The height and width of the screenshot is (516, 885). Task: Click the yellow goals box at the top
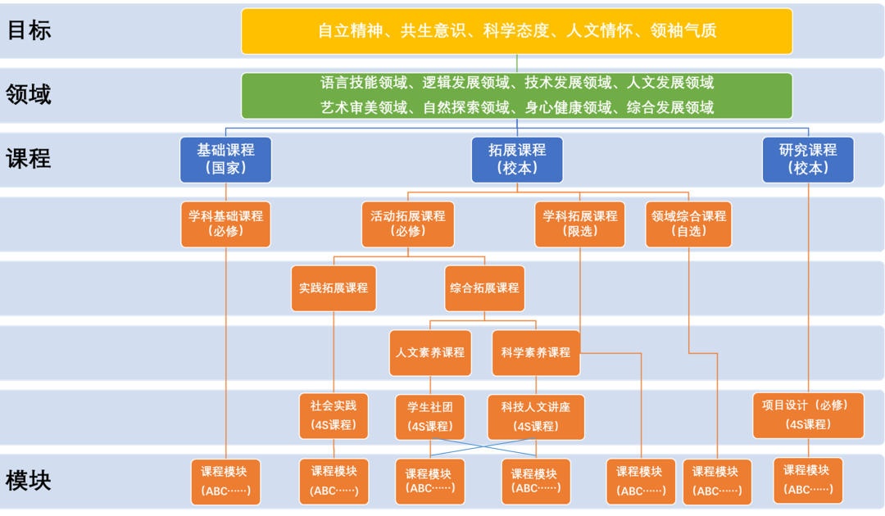[516, 31]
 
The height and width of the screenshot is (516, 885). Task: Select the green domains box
[516, 95]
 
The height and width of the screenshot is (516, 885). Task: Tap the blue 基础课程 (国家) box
[226, 160]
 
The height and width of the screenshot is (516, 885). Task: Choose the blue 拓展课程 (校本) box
[517, 160]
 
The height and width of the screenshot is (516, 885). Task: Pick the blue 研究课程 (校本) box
[808, 160]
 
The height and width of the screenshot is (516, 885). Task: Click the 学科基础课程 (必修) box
[226, 224]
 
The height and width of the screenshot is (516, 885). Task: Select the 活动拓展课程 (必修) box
[408, 224]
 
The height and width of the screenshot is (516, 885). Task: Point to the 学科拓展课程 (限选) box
[579, 224]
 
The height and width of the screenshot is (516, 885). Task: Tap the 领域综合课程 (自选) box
[688, 224]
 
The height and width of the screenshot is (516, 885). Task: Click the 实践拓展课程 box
[334, 288]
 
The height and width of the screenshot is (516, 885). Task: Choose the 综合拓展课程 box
[484, 288]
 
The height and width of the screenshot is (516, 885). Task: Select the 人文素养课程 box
[430, 353]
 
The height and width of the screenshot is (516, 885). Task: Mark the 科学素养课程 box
[536, 353]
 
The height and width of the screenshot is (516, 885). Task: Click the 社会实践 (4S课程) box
[334, 416]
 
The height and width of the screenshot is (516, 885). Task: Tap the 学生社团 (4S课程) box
[430, 418]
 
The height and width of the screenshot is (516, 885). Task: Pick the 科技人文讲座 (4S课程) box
[536, 418]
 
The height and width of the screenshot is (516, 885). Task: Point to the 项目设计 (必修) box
[808, 415]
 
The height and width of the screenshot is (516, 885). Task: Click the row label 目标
[29, 29]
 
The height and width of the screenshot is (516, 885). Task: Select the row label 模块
[28, 481]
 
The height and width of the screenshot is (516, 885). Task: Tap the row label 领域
[28, 94]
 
